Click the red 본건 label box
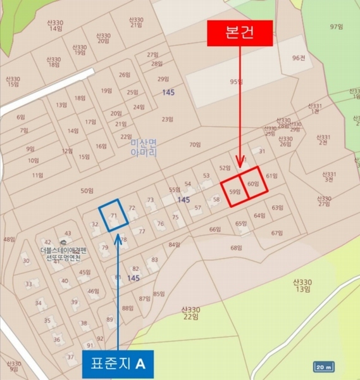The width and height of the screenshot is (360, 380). point(240,33)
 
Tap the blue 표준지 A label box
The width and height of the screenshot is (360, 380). point(118,364)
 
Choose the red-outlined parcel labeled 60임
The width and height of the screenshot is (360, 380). point(254,184)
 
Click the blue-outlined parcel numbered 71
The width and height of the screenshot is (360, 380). point(114,215)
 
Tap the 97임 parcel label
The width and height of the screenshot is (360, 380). point(335,27)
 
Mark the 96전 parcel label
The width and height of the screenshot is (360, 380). point(299,58)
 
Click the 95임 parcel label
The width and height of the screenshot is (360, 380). point(237,82)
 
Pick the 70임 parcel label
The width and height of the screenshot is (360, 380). point(194,144)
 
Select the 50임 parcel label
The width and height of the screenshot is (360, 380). point(87,191)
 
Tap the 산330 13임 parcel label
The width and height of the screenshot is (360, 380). point(302,286)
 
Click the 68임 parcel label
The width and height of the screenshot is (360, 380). point(236,248)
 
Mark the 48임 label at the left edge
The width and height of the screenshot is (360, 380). point(9,239)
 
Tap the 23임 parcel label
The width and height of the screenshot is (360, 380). point(167,119)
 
